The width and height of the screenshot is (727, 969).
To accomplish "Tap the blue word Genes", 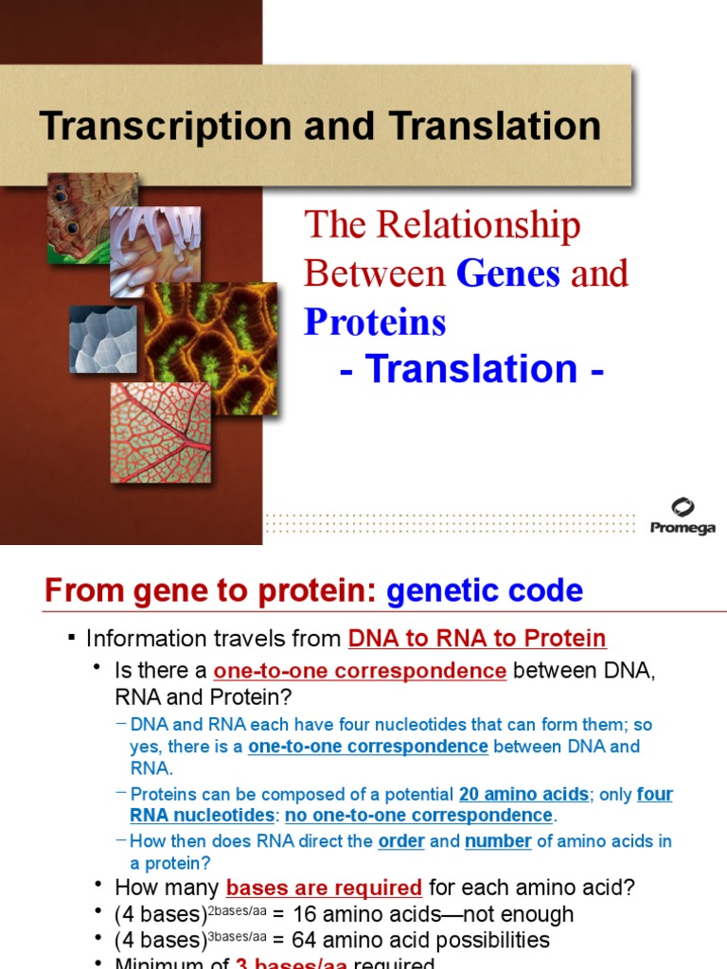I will [508, 273].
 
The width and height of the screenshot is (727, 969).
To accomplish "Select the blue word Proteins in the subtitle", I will [375, 323].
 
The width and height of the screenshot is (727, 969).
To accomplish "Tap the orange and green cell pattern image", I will [210, 346].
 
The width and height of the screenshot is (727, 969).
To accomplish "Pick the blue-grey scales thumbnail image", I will [103, 338].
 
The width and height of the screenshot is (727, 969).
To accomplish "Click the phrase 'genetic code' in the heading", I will [485, 591].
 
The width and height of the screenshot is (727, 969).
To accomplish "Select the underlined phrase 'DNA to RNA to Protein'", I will [477, 639].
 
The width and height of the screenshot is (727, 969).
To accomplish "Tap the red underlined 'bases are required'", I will [324, 888].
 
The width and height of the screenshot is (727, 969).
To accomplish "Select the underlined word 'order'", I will [401, 840].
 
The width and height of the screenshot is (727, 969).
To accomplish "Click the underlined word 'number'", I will [498, 840].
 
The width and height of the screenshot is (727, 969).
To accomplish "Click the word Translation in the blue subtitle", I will [470, 369].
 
